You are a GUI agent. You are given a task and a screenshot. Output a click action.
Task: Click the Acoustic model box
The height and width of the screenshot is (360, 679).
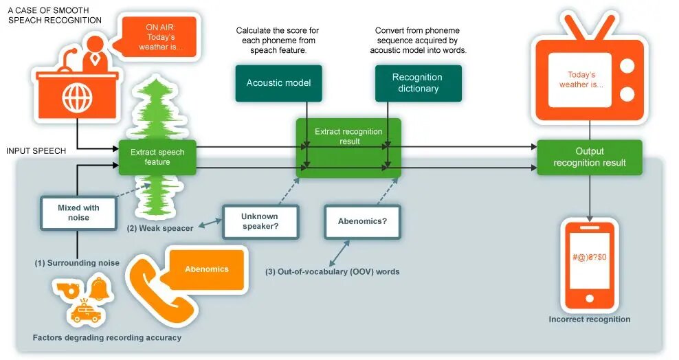pos(278,83)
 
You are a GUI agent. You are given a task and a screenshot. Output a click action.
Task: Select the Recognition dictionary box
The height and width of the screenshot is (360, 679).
pos(418,83)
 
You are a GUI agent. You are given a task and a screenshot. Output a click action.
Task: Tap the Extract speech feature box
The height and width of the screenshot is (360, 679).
pos(157,157)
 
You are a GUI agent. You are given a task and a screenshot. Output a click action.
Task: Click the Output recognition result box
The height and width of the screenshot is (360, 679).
pos(589,157)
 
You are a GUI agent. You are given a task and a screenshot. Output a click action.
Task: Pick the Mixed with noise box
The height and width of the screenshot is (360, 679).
pos(78,212)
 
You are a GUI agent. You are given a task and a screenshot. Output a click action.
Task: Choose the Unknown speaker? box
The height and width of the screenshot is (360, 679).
pos(260,221)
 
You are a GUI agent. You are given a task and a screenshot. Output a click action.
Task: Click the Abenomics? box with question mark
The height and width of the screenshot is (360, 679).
pos(362,221)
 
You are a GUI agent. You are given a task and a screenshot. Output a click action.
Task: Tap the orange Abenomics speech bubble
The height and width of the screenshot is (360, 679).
pos(206,269)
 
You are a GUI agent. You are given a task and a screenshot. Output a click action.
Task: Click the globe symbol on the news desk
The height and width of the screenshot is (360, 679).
pos(76,98)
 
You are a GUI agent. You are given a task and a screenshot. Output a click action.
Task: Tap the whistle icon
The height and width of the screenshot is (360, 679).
pos(67,289)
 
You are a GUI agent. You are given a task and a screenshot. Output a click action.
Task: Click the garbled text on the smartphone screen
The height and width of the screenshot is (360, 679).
pos(589,257)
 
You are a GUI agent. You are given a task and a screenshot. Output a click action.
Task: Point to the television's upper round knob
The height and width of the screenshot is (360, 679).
pos(627,67)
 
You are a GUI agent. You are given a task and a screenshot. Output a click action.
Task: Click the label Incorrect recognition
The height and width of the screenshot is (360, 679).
pos(589,319)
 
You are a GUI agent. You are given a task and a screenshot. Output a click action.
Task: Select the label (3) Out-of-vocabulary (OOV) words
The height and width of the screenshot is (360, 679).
pos(332,272)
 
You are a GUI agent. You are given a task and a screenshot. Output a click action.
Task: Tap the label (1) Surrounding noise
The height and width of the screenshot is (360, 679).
pos(77,263)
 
